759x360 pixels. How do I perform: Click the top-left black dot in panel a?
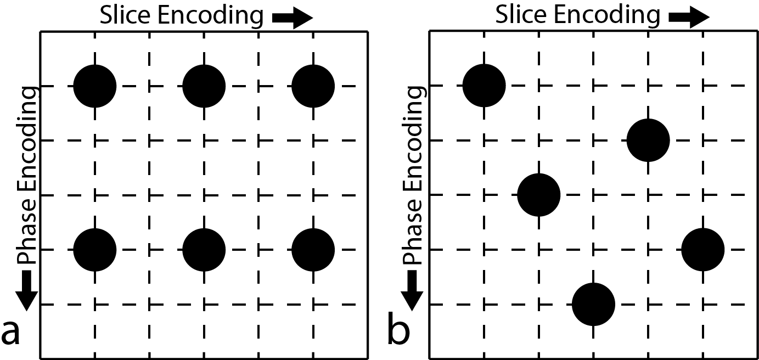95,86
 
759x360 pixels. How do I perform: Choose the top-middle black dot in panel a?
204,86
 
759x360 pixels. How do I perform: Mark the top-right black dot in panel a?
313,86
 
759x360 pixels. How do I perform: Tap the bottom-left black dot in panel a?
95,250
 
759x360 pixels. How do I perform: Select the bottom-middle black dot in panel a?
204,250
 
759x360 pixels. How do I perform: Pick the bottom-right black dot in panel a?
313,250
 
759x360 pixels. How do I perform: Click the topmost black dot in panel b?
484,86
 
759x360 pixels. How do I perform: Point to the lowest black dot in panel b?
593,304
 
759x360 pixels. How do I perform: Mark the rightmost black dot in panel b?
703,250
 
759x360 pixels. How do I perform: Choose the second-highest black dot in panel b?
648,140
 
